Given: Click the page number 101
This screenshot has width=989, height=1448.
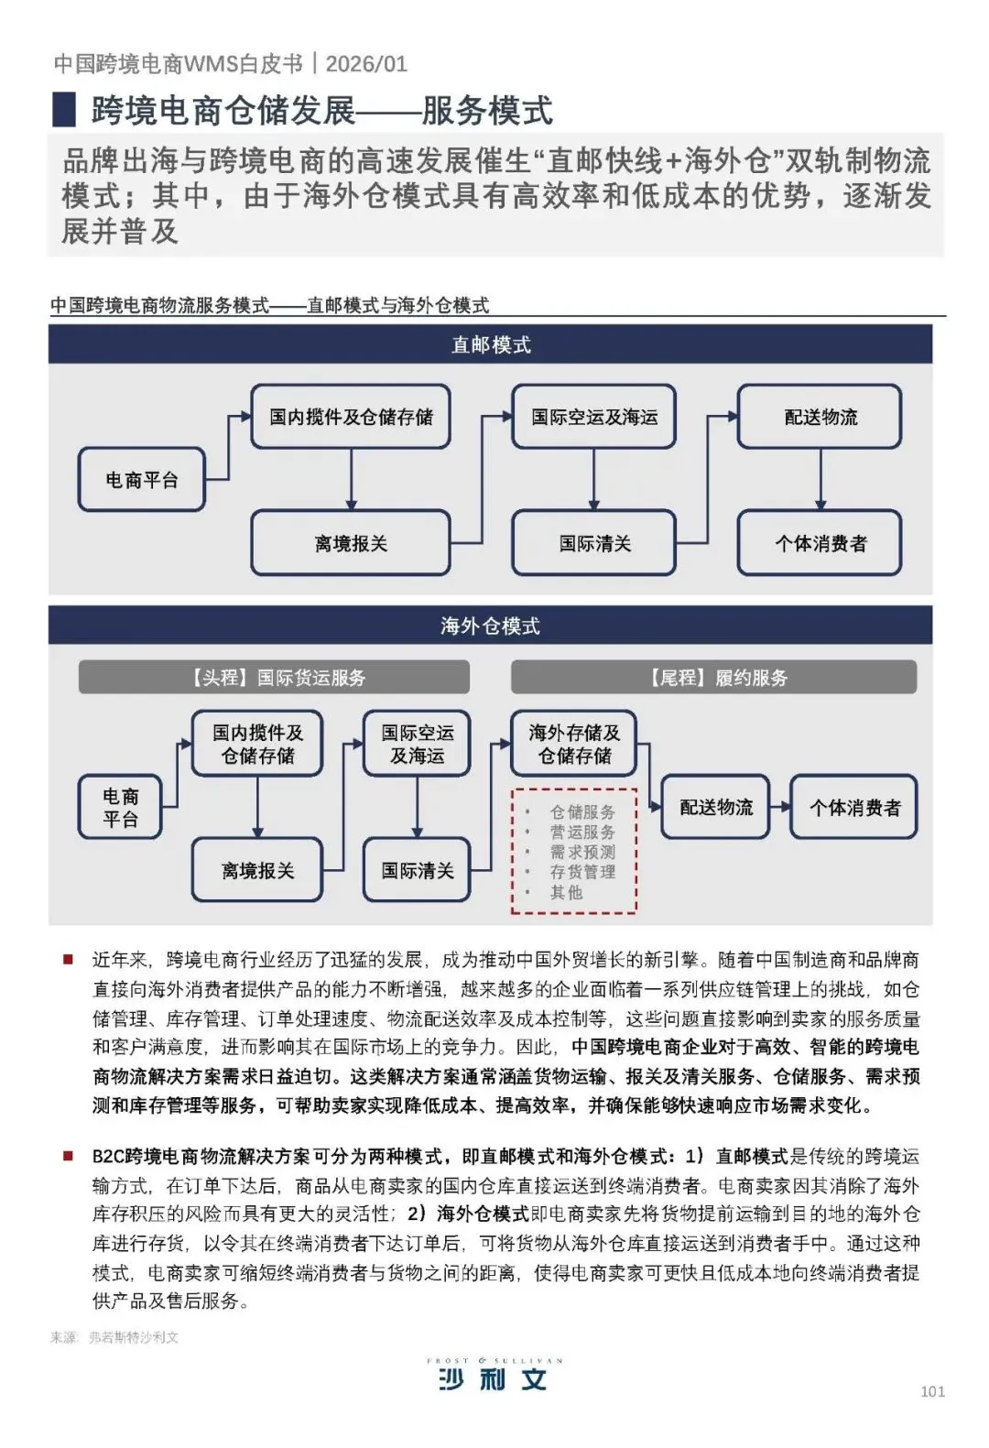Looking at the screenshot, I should click(x=932, y=1391).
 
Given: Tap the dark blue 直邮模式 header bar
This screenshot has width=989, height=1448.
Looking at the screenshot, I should click(x=490, y=344).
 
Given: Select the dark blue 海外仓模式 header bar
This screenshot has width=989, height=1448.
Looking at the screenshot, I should click(x=490, y=626).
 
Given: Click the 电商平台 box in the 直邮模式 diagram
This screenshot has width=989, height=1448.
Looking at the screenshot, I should click(x=141, y=479).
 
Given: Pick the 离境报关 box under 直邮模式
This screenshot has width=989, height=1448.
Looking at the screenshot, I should click(x=351, y=543).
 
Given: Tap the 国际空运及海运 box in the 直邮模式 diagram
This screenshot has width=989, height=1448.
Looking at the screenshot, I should click(x=593, y=417).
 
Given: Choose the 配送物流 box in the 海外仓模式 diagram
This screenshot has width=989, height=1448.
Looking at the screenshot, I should click(x=715, y=807).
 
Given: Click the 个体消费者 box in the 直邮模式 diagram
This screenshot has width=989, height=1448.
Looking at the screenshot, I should click(x=820, y=543).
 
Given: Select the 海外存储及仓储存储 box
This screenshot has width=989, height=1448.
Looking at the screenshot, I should click(x=573, y=744).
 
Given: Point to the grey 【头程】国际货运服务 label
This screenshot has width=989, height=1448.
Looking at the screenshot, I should click(x=274, y=678).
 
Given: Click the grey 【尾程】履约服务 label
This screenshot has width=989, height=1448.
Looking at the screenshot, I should click(x=713, y=678).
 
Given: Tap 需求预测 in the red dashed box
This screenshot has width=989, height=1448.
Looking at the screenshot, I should click(x=582, y=852).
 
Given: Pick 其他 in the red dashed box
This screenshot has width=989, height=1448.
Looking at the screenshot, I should click(x=566, y=892).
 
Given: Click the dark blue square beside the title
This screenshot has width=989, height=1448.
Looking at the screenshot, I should click(x=64, y=109).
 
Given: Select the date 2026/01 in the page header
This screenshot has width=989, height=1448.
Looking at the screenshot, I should click(x=366, y=63).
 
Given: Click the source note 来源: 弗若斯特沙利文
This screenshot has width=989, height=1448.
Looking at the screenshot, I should click(x=114, y=1337).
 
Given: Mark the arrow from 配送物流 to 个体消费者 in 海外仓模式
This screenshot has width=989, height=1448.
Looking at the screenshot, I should click(x=779, y=807).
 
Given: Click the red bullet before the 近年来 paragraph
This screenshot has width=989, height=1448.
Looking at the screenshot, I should click(x=68, y=959).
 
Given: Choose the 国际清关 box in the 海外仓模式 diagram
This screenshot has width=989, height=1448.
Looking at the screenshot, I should click(x=417, y=870).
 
